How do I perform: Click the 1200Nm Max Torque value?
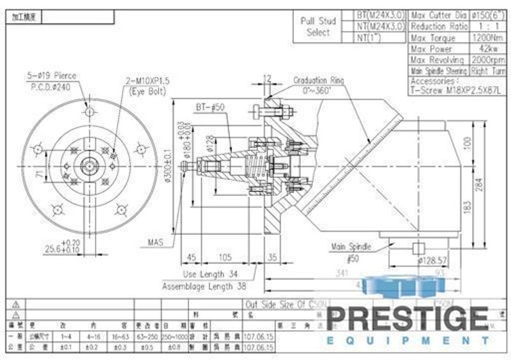coord(485,38)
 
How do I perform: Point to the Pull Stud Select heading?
coord(318,26)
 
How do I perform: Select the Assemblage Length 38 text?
coord(204,287)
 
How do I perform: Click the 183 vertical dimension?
coord(468,207)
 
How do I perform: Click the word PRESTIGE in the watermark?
coord(408,318)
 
